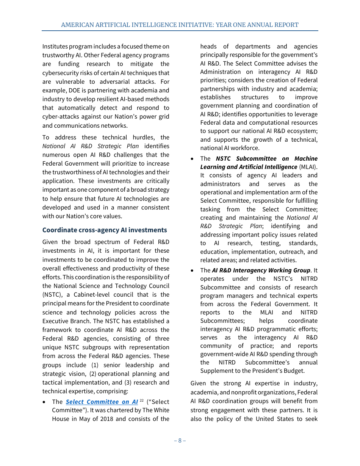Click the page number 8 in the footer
tap(180, 440)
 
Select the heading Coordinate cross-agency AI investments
tap(104, 230)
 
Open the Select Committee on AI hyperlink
tap(102, 402)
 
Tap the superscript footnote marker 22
tap(141, 400)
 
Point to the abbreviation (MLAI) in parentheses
tap(308, 167)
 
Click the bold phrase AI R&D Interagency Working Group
tap(261, 270)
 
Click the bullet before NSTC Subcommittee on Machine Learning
tap(193, 159)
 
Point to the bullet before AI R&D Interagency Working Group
tap(193, 271)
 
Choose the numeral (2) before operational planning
tap(93, 374)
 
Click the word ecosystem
tap(302, 131)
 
